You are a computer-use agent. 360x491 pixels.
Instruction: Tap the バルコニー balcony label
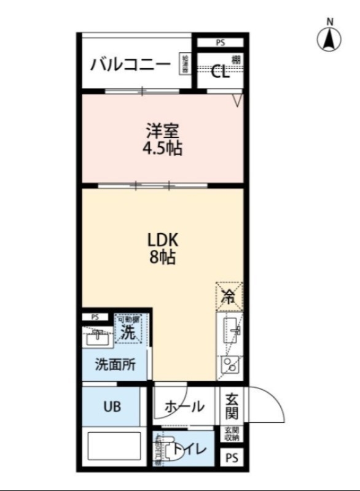pos(130,64)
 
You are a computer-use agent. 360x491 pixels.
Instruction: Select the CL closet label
pos(220,72)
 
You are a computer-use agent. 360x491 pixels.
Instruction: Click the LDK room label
pos(162,239)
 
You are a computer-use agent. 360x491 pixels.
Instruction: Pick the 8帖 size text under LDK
pos(163,258)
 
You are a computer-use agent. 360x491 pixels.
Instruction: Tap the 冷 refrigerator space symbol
pos(229,296)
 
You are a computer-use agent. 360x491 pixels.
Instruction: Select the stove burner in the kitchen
pos(230,366)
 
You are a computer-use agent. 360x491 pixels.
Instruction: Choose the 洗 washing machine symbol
pos(128,331)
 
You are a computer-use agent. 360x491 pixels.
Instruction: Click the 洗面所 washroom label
pos(115,364)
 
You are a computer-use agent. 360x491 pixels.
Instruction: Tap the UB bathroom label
pos(112,406)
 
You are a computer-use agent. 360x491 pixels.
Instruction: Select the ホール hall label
pos(184,406)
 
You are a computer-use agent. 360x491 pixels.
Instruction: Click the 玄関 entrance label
pos(231,405)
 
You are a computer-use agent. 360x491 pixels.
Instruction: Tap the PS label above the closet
pos(220,43)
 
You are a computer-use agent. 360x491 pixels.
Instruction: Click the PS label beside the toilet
pos(231,458)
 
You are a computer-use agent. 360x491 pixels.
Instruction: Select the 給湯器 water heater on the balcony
pos(184,64)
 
